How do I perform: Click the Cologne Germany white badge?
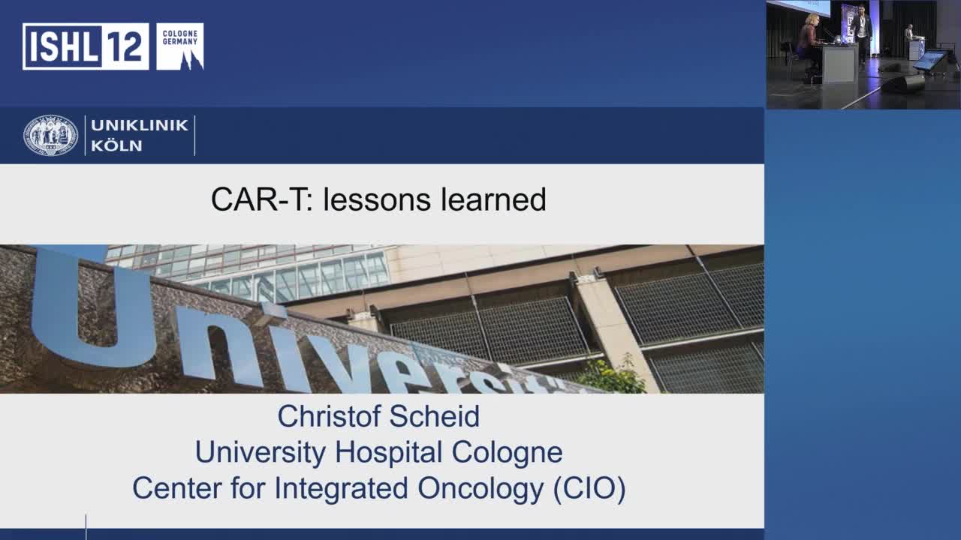(x=179, y=46)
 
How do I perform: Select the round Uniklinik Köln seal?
(x=50, y=136)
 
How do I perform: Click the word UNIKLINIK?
(x=140, y=125)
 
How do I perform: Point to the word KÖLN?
(x=116, y=146)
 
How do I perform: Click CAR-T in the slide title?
(x=261, y=200)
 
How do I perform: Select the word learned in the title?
(x=493, y=200)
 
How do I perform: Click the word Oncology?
(x=470, y=489)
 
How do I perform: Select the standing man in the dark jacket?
(x=861, y=30)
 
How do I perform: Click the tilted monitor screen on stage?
(x=929, y=60)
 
